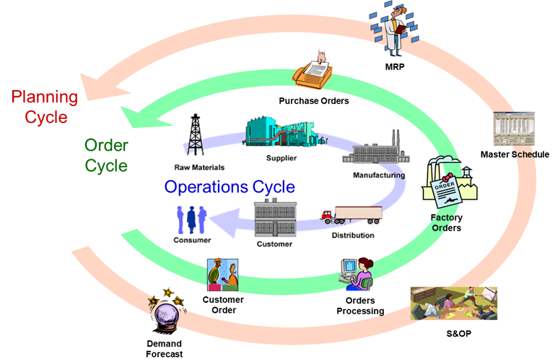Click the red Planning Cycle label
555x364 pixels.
pyautogui.click(x=43, y=107)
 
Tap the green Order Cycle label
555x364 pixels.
pyautogui.click(x=106, y=155)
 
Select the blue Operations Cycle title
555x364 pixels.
pyautogui.click(x=230, y=187)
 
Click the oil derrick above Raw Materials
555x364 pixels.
pyautogui.click(x=195, y=135)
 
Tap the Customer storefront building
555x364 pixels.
pyautogui.click(x=274, y=219)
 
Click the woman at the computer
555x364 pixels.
pyautogui.click(x=357, y=273)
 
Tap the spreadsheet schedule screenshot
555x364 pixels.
pyautogui.click(x=513, y=130)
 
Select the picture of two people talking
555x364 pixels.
pyautogui.click(x=223, y=275)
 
